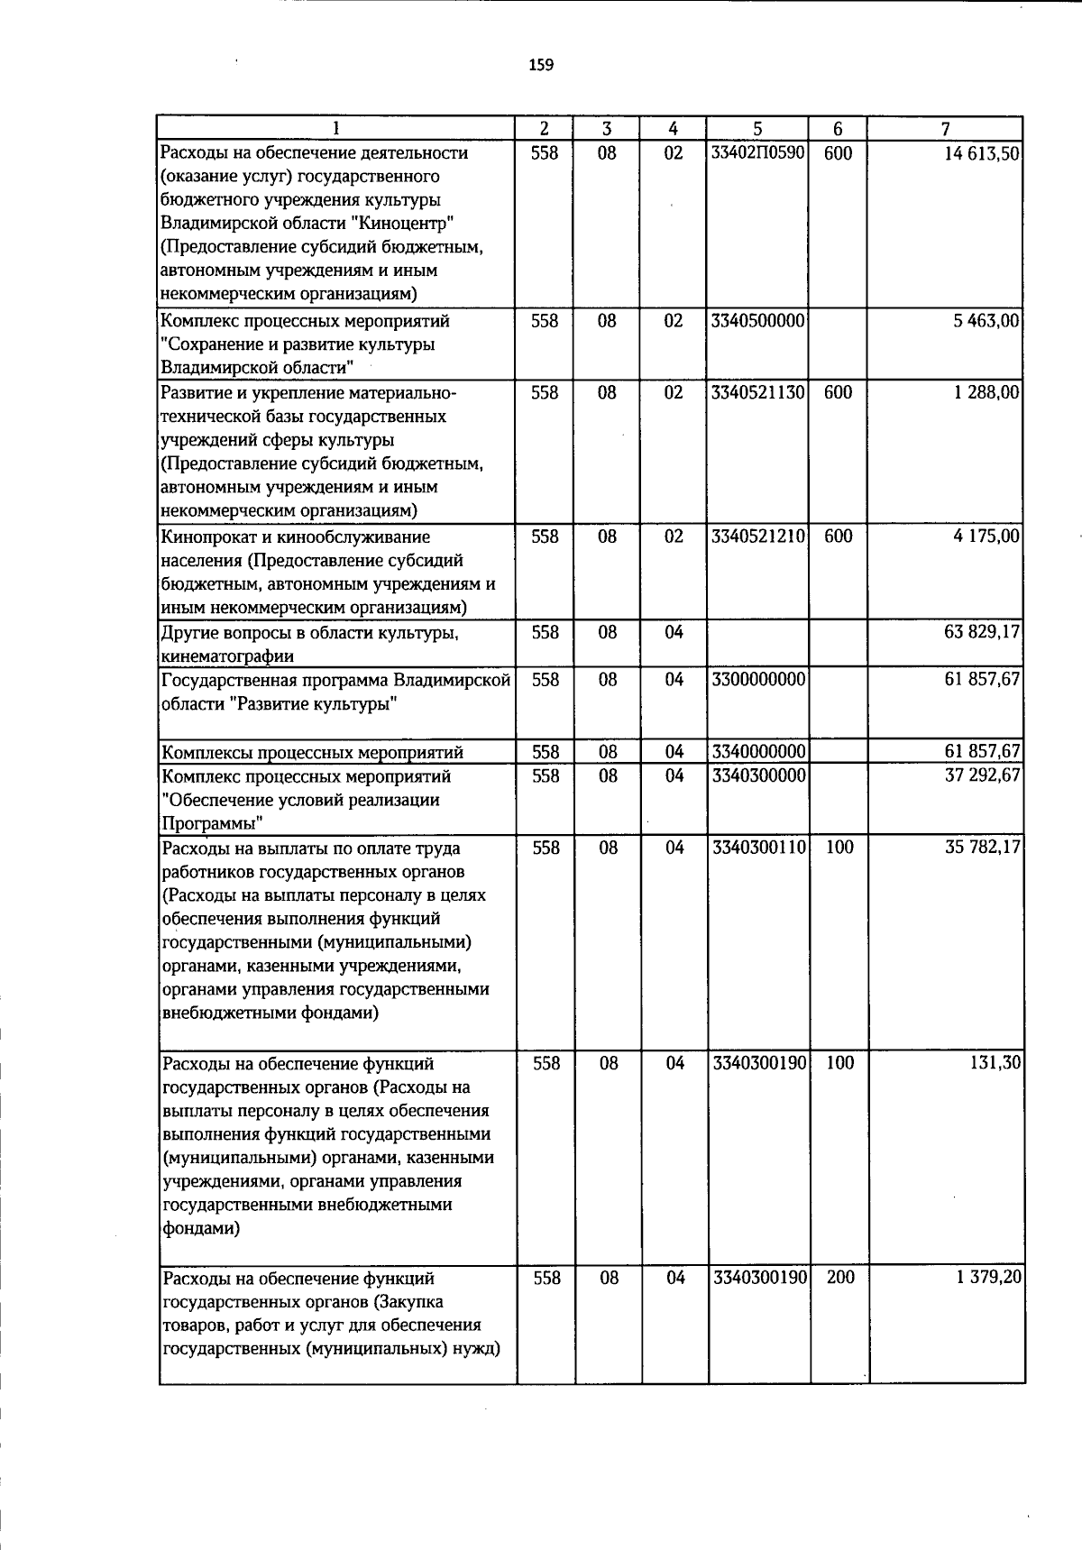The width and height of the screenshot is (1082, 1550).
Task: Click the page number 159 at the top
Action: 541,65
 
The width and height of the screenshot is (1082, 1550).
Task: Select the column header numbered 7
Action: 945,129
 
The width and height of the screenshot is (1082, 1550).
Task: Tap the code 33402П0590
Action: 757,153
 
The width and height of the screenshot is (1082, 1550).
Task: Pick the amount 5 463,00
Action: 986,321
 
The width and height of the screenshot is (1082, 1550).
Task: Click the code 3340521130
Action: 757,393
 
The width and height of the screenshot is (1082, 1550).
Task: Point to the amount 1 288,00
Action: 986,393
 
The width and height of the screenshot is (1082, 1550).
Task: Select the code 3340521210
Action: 757,537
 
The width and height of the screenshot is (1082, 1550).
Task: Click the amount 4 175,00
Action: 986,537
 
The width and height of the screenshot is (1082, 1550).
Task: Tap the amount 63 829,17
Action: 982,632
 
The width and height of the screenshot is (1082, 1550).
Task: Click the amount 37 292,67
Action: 982,775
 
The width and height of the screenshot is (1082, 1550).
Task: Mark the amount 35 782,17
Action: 982,848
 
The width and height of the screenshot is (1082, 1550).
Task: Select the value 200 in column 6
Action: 839,1278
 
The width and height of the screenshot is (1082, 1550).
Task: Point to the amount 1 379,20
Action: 986,1278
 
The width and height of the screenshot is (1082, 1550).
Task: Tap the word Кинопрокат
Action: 206,537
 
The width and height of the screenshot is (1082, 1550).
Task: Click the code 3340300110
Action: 757,848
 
